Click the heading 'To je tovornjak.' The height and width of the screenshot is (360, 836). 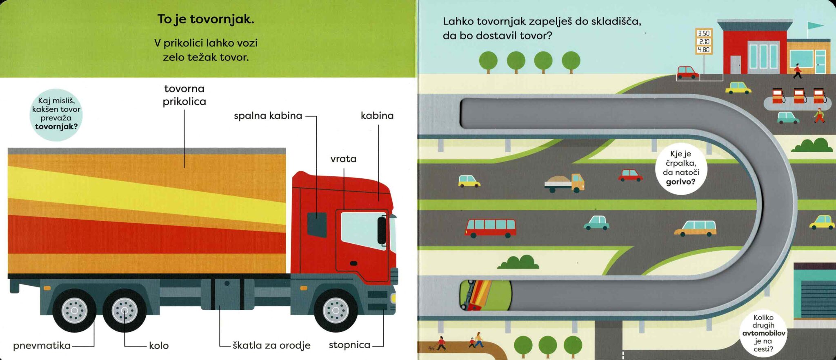[x=206, y=20]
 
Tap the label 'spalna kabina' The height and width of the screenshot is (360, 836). [x=268, y=116]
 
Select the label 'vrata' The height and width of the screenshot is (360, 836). [x=343, y=159]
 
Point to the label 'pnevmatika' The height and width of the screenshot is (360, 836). [x=42, y=346]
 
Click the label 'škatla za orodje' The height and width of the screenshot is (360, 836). [x=271, y=345]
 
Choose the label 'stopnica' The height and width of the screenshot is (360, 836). [x=349, y=345]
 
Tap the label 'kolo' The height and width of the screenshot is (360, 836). [x=159, y=346]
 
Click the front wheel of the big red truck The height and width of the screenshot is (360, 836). [x=336, y=310]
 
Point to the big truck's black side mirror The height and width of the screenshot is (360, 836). [x=382, y=230]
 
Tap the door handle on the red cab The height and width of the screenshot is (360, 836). [x=354, y=263]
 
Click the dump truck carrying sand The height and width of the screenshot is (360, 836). [x=565, y=183]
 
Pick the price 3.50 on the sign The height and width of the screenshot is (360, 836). [x=703, y=33]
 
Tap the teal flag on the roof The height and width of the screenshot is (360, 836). [x=815, y=26]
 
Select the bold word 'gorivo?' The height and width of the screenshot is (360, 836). [x=680, y=182]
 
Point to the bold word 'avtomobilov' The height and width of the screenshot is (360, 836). [x=763, y=333]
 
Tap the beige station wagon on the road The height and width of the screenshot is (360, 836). [x=695, y=229]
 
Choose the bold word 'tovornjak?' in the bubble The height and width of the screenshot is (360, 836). [x=56, y=127]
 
